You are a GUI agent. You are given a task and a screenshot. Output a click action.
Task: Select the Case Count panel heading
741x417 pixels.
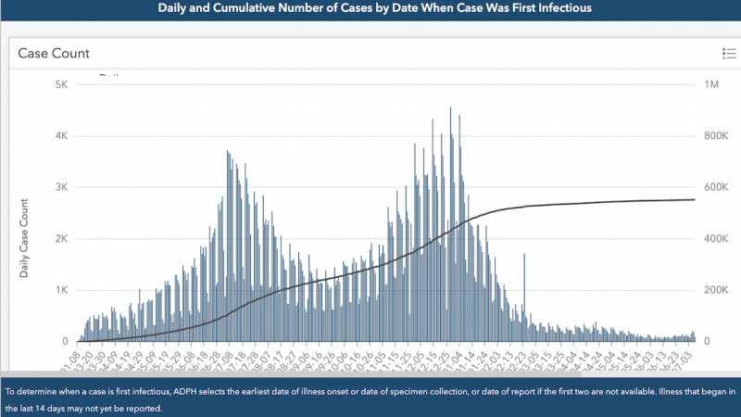55,54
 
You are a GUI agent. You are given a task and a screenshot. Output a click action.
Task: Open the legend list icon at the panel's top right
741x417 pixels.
728,54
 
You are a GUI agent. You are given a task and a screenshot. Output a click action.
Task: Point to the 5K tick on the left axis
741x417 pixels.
61,84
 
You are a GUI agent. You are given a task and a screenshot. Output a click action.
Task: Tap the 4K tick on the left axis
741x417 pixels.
61,136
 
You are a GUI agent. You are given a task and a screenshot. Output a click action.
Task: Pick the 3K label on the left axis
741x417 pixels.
61,187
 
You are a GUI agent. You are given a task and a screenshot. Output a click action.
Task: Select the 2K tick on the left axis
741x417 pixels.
61,239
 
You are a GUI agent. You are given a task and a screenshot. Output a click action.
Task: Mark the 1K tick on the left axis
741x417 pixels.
61,290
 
